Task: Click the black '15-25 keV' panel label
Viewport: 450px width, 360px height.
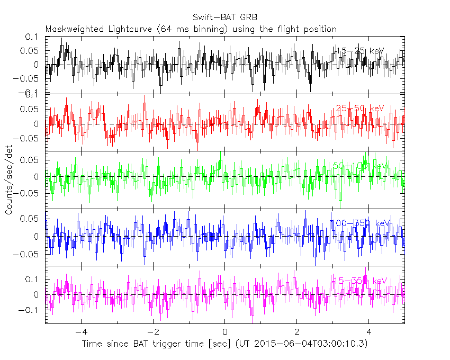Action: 360,51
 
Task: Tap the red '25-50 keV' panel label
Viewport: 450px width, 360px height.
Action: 360,109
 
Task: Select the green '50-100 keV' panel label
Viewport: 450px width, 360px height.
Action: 360,166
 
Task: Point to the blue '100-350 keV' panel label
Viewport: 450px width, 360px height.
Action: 360,223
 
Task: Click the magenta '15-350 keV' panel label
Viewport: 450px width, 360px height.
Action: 360,281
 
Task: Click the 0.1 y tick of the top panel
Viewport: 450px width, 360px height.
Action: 33,37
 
